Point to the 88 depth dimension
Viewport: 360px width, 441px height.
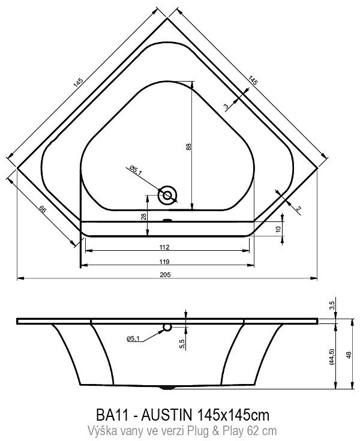(x=188, y=147)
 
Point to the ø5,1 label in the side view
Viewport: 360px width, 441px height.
(x=133, y=339)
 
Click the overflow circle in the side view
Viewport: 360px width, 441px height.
(x=167, y=327)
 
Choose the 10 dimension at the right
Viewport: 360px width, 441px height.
(x=278, y=229)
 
